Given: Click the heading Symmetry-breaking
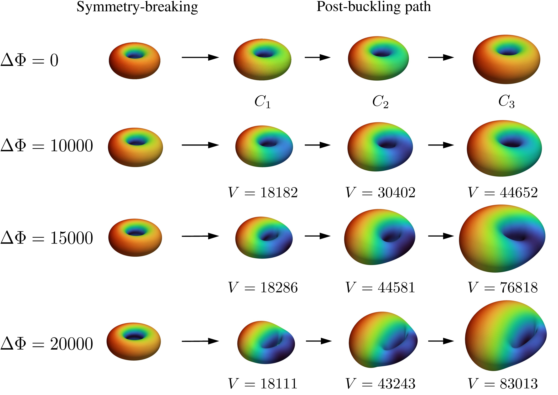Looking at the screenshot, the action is point(137,7).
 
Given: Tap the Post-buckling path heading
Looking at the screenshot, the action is point(374,7).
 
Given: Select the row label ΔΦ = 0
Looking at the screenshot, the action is point(29,60).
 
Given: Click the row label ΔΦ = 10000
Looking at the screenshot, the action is point(47,145).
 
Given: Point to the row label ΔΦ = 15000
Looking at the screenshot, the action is point(47,238).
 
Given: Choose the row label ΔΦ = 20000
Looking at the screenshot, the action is point(47,344).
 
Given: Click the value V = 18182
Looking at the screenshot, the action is point(263,193).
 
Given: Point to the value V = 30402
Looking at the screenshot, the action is point(380,193).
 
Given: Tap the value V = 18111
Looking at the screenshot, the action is point(263,384).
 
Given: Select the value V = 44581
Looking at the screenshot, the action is point(380,287).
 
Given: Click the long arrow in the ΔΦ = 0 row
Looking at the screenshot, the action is point(200,57).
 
